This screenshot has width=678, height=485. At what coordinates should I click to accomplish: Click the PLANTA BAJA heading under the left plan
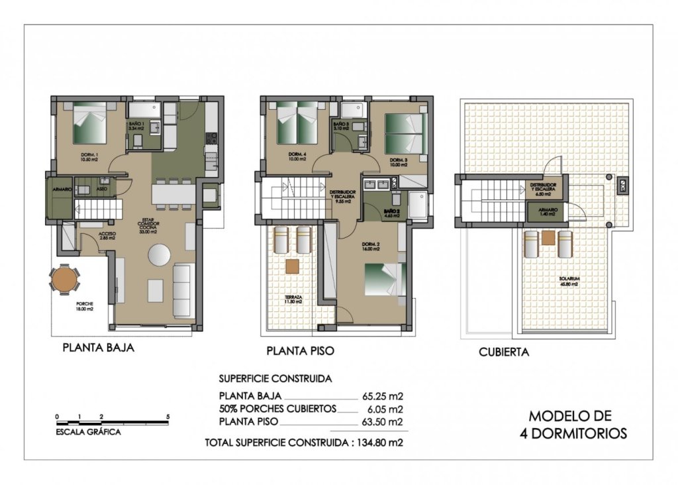(98, 347)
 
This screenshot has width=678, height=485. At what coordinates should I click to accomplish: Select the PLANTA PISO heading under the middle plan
(300, 350)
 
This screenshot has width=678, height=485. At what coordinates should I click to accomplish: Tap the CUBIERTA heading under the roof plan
(504, 352)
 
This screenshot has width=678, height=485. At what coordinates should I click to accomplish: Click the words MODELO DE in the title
(570, 417)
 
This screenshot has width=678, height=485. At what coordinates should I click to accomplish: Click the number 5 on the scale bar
(168, 416)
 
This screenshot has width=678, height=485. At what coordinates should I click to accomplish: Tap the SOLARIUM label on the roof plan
(569, 281)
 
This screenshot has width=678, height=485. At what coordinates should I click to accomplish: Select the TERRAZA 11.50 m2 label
(293, 299)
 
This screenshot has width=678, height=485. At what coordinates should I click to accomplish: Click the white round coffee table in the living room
(160, 254)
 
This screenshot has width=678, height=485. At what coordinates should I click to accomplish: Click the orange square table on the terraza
(293, 266)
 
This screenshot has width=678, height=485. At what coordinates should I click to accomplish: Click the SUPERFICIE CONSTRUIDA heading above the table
(275, 379)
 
